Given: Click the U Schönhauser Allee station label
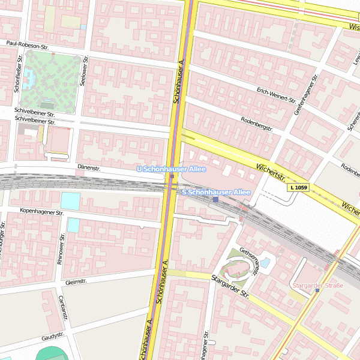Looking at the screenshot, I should point(167,170).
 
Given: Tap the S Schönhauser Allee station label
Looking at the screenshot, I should point(215,192).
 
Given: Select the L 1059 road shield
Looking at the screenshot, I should point(298,188).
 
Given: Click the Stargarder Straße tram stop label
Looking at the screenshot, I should point(317,285).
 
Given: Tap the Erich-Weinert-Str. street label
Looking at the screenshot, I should point(276,94).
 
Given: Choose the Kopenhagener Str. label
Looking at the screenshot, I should point(41,212).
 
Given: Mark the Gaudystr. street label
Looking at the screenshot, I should point(53,338).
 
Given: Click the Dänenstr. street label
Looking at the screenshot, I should point(88,168).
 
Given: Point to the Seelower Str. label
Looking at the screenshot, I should point(85,71).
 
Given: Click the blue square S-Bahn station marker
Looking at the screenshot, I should point(215,200).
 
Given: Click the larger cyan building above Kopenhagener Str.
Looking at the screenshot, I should point(70,201).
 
